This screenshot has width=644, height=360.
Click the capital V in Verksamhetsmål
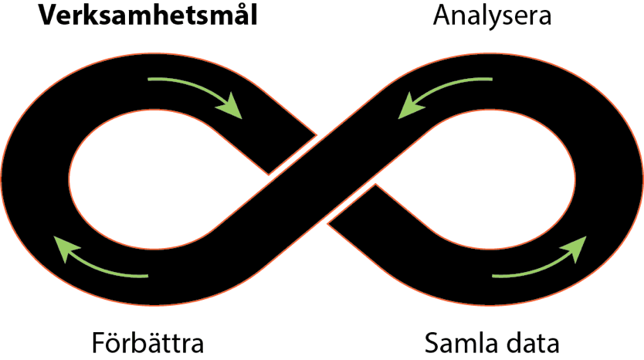pos(48,16)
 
